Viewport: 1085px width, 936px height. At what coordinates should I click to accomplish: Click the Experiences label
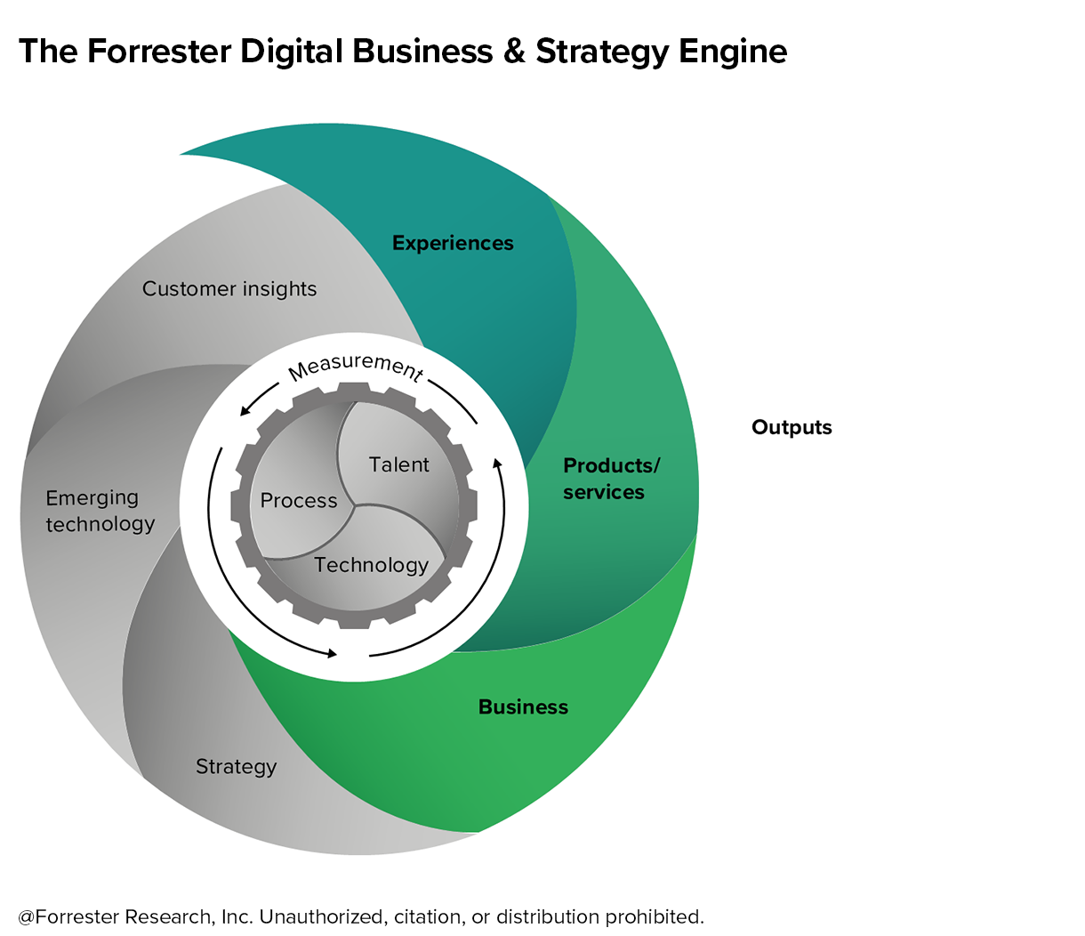pos(453,244)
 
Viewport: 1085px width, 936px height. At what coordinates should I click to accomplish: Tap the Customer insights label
pos(229,289)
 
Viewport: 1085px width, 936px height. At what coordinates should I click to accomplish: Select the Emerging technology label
pos(100,511)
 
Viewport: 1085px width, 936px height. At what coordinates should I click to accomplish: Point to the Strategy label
pos(237,767)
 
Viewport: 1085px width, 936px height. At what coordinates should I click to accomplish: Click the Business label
pos(523,707)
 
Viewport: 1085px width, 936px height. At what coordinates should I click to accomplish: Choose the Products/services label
pos(611,479)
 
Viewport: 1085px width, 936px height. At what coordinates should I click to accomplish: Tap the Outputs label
pos(792,428)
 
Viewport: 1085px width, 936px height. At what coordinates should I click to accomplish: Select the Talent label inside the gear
pos(399,464)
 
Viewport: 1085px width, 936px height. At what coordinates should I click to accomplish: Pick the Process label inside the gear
pos(299,501)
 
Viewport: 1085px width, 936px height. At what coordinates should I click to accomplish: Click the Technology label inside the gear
pos(371,566)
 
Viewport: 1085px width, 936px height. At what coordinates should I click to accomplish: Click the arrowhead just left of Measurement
pos(244,411)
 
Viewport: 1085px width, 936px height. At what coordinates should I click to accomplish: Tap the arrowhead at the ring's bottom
pos(332,653)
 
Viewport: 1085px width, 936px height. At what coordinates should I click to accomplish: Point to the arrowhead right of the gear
pos(498,463)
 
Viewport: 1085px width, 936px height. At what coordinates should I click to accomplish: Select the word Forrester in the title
pos(159,52)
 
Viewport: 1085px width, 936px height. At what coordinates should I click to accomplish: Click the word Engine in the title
pos(733,52)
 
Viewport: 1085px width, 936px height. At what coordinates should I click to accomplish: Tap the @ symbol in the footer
pos(27,916)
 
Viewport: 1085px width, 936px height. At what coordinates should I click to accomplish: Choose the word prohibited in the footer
pos(654,916)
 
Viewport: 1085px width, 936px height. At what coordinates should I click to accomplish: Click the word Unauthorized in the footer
pos(324,916)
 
